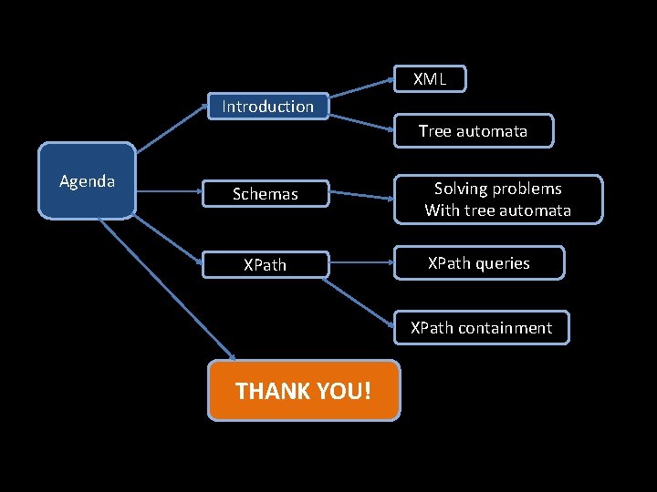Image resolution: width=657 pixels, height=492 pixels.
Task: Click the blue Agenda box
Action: (87, 181)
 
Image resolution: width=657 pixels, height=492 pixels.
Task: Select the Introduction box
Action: (267, 107)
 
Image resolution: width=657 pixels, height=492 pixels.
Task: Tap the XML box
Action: (430, 79)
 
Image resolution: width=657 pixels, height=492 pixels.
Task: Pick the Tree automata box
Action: (474, 131)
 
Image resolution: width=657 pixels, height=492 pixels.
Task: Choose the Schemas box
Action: (265, 194)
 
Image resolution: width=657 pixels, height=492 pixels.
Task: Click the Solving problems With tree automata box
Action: (498, 200)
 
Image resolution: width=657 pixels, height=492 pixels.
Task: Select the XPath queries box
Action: (479, 263)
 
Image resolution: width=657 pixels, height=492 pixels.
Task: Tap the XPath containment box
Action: (481, 328)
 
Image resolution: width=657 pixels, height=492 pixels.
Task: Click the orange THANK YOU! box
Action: (304, 391)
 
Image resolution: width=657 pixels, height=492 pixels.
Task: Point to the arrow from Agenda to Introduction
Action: (171, 126)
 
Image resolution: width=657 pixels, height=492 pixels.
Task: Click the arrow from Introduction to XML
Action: (361, 87)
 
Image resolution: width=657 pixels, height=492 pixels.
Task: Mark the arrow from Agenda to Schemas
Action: (169, 192)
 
